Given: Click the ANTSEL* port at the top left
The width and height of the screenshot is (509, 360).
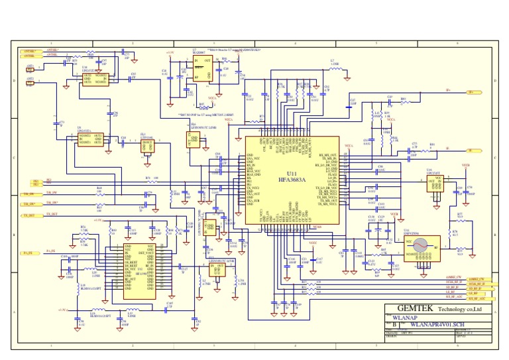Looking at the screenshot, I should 28,51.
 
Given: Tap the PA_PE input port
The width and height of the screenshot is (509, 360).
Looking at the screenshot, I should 28,253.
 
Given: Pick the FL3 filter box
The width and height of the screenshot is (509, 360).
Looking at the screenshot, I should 146,145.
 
